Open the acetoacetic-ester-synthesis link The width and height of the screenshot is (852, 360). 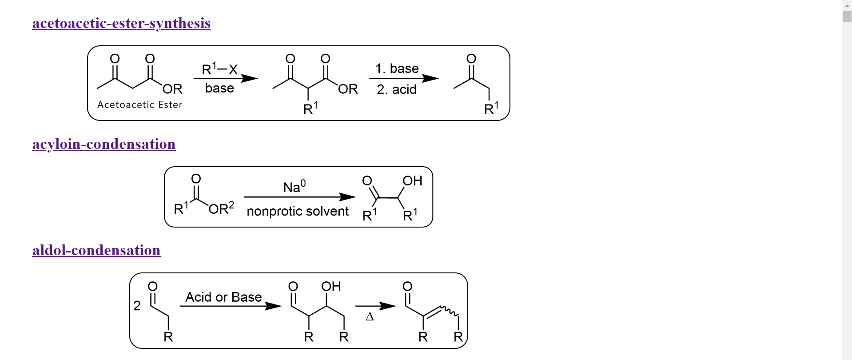(x=121, y=23)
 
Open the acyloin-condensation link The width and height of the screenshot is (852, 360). (x=104, y=144)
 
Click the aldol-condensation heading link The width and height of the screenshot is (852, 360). (x=96, y=250)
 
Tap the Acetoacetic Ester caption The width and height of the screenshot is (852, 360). (x=139, y=104)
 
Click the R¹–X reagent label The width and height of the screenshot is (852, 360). (x=219, y=69)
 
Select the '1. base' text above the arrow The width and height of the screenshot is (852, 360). (x=397, y=68)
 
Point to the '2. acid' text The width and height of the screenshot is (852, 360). (x=397, y=89)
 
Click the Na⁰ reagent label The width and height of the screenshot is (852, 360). (x=294, y=187)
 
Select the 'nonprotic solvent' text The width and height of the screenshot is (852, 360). (x=298, y=211)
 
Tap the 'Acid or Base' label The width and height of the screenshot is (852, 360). (x=223, y=297)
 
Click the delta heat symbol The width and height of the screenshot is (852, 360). (x=370, y=316)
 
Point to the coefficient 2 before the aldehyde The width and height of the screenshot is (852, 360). (x=137, y=306)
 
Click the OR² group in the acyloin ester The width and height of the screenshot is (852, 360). (x=221, y=208)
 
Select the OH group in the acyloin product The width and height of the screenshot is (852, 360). (x=412, y=181)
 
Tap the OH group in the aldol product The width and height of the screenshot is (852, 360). (x=331, y=287)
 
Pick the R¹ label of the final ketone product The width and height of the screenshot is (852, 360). (x=491, y=108)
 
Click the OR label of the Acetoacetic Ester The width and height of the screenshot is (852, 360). (x=172, y=89)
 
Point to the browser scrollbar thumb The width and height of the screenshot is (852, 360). (x=847, y=16)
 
